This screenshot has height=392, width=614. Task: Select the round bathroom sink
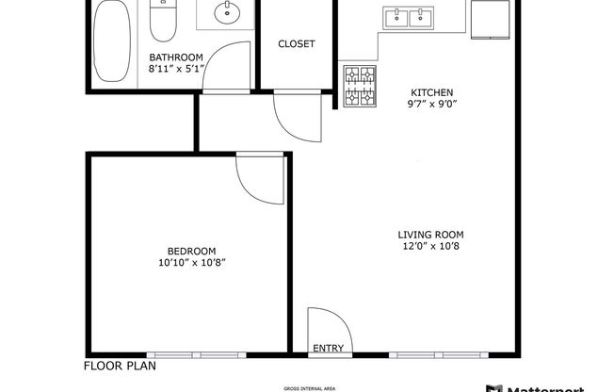[226, 15]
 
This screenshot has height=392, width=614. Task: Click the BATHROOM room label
[176, 57]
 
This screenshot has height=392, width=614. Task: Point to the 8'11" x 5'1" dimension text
[176, 68]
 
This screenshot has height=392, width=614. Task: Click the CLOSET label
[296, 44]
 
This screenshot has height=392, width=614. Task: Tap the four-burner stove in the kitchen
[358, 88]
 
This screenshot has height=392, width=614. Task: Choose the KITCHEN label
[432, 92]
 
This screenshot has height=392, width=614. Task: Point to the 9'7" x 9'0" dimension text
[432, 105]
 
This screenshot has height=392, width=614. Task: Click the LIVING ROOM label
[431, 235]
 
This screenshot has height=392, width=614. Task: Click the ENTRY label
[328, 348]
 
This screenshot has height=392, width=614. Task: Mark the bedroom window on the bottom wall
[193, 354]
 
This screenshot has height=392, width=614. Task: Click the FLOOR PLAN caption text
[120, 367]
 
